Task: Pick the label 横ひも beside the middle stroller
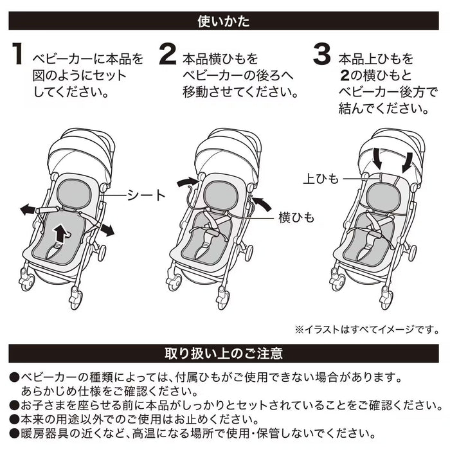pos(296,219)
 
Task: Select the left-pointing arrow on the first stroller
pos(29,210)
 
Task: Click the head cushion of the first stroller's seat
pos(71,193)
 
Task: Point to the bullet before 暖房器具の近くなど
pos(14,434)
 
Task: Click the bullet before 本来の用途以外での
pos(14,419)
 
